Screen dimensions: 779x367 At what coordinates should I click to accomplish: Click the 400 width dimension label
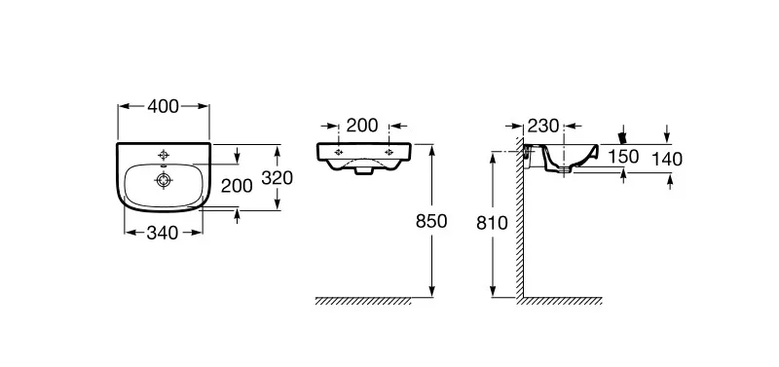click(x=163, y=106)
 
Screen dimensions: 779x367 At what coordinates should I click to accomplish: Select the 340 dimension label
click(x=163, y=233)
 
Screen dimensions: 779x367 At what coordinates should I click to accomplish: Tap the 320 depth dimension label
click(x=278, y=178)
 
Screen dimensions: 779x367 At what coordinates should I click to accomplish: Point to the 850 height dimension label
click(x=431, y=221)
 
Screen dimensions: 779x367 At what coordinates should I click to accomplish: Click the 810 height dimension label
click(x=492, y=224)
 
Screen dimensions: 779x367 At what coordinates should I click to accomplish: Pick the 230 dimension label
click(x=543, y=127)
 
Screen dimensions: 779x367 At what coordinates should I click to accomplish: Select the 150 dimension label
click(x=623, y=157)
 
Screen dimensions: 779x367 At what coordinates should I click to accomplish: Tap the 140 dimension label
click(x=667, y=160)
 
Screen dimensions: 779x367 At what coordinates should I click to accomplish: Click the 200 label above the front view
click(x=362, y=126)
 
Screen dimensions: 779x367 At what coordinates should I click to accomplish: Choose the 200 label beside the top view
click(x=237, y=186)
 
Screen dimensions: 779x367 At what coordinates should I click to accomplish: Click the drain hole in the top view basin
click(x=164, y=180)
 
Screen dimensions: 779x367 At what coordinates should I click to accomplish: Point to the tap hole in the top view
click(x=164, y=153)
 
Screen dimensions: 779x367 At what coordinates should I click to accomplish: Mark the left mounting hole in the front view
click(x=339, y=152)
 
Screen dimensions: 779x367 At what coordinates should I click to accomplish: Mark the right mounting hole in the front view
click(x=389, y=152)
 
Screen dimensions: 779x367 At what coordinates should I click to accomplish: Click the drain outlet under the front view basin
click(x=364, y=170)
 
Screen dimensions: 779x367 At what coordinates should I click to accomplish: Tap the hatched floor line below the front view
click(x=363, y=301)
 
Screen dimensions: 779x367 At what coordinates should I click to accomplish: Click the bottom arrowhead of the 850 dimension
click(x=432, y=292)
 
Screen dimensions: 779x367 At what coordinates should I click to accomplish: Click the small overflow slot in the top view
click(x=164, y=165)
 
